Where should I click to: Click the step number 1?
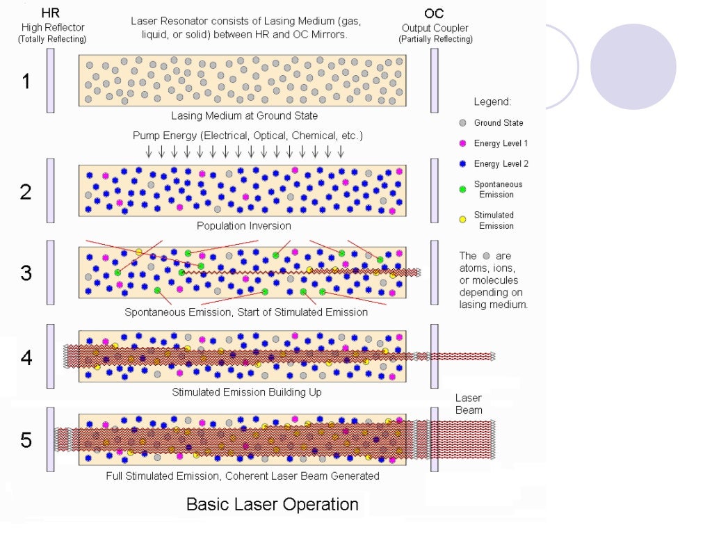click(x=26, y=81)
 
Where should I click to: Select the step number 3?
click(x=26, y=273)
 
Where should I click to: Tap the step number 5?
click(x=26, y=441)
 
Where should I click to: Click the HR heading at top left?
click(x=50, y=13)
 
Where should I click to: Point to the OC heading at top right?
click(x=435, y=13)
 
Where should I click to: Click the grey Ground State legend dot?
click(x=462, y=123)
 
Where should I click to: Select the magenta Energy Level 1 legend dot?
click(x=462, y=143)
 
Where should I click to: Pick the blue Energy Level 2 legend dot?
click(x=462, y=163)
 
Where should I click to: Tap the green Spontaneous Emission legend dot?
click(x=462, y=189)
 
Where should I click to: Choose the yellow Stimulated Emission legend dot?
click(x=462, y=220)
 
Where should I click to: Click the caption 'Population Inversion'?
click(x=243, y=226)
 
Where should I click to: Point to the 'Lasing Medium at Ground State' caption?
click(x=244, y=115)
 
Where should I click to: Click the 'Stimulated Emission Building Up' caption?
click(x=247, y=392)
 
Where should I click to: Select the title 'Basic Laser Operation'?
click(x=272, y=504)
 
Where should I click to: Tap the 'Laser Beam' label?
click(x=469, y=404)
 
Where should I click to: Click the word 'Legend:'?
click(x=492, y=102)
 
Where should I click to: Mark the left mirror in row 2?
click(x=51, y=191)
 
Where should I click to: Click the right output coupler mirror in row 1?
click(x=435, y=81)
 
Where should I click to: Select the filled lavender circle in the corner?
click(x=633, y=67)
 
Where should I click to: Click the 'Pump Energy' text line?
click(x=248, y=135)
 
